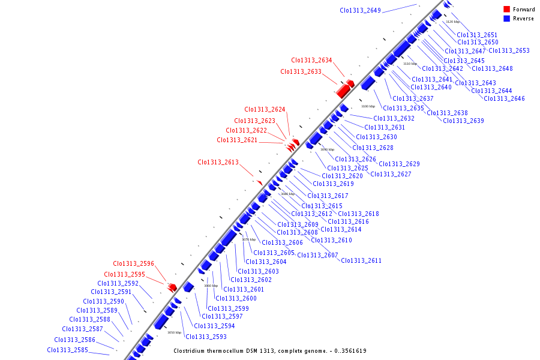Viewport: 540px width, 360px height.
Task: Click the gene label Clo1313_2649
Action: click(360, 10)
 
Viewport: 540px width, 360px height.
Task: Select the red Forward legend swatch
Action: click(506, 9)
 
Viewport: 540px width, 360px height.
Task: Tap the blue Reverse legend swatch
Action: click(506, 19)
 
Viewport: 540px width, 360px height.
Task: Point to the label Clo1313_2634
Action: click(311, 60)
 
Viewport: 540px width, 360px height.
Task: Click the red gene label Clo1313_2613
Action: click(218, 162)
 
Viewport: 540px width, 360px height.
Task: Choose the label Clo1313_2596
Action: click(133, 263)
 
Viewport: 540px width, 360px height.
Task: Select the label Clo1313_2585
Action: click(67, 350)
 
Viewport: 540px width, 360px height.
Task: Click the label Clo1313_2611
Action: click(361, 260)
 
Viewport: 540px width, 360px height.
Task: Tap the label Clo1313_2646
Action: click(504, 98)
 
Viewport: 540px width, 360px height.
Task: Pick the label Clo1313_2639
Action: click(463, 121)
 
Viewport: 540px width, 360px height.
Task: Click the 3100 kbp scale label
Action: click(368, 106)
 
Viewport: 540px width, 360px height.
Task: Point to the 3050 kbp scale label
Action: click(174, 332)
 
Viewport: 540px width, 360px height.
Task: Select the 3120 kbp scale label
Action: click(452, 22)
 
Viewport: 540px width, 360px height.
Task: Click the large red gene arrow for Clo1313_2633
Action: click(343, 90)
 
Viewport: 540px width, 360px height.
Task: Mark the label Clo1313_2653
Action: click(509, 50)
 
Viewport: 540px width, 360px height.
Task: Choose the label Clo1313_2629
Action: click(399, 164)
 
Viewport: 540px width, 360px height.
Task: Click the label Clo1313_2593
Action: click(205, 337)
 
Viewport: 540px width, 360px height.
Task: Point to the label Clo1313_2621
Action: click(237, 140)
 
